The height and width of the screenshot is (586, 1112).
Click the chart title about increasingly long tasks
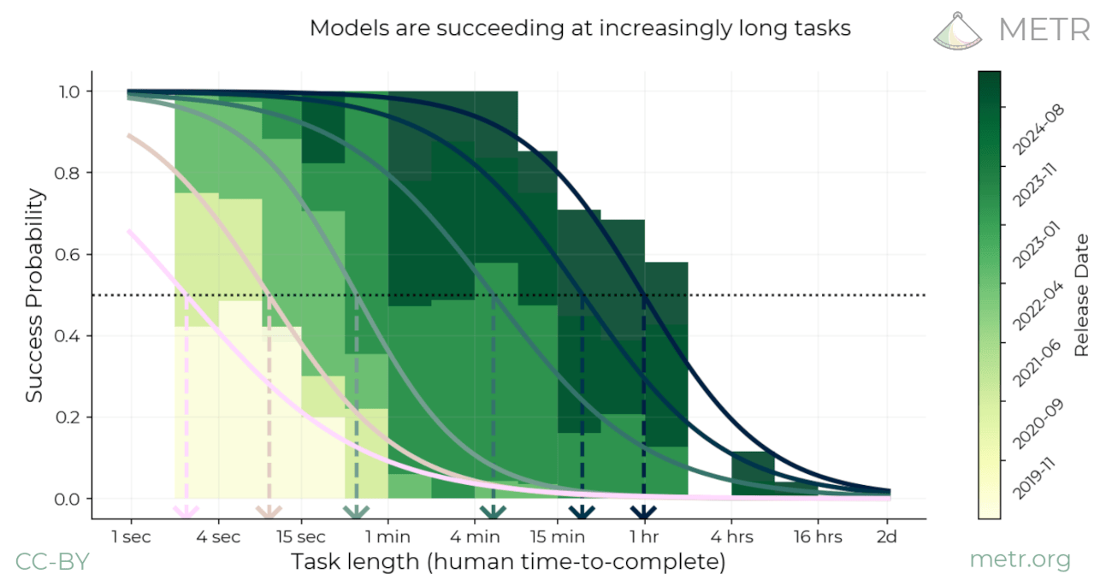tap(580, 28)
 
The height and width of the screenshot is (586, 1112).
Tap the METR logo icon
tap(959, 29)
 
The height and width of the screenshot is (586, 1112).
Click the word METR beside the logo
tap(1044, 29)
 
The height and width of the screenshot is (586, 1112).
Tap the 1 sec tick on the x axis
tap(131, 537)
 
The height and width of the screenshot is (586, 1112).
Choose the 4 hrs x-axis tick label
tap(731, 537)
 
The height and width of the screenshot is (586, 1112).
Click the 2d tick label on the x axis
tap(887, 537)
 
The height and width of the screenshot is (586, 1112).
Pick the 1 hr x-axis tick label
tap(645, 537)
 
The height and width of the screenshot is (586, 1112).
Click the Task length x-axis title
tap(508, 562)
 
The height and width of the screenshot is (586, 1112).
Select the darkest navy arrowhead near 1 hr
tap(643, 512)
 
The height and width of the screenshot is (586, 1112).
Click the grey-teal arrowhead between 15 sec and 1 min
tap(356, 512)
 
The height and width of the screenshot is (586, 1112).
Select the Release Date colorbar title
tap(1081, 295)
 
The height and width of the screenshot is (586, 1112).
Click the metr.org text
tap(1020, 560)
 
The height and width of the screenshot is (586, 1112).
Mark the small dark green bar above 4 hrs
tap(753, 472)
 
